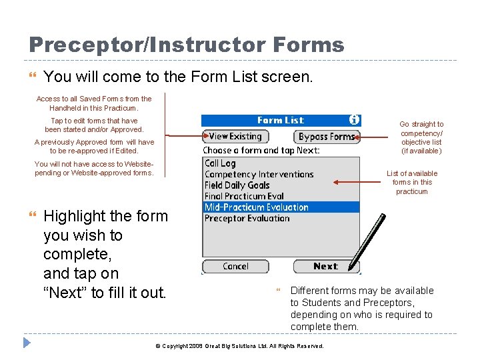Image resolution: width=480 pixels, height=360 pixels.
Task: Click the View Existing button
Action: coord(235,136)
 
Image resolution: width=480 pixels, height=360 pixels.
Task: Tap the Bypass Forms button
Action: coord(327,137)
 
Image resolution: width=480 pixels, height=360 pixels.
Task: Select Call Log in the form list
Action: coord(220,163)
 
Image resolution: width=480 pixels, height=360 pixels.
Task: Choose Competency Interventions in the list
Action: coord(259,175)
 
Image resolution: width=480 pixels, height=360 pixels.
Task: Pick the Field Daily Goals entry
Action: coord(237,185)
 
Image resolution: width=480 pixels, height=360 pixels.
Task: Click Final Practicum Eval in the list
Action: coord(244,196)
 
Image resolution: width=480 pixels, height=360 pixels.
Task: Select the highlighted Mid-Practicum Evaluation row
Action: coord(257,207)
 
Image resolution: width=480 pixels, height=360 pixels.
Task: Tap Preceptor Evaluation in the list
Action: coord(247,218)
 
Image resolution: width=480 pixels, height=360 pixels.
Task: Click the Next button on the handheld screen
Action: coord(326,267)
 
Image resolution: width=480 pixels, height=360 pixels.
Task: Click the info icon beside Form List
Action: coord(354,120)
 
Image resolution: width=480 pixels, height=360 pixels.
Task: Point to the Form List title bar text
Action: coord(280,121)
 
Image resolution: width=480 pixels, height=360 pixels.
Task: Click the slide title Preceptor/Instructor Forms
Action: coord(187,45)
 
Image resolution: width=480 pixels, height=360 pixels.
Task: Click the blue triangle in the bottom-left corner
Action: coord(27,343)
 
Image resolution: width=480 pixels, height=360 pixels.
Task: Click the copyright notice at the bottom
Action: coord(239,346)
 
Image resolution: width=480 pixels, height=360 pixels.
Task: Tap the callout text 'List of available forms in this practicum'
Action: coord(412,182)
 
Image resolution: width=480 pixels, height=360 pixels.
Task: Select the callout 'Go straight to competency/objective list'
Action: coord(421,137)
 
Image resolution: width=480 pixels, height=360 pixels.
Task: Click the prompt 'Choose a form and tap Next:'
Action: coord(261,151)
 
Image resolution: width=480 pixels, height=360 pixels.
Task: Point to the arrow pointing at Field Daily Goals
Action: coord(353,181)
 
